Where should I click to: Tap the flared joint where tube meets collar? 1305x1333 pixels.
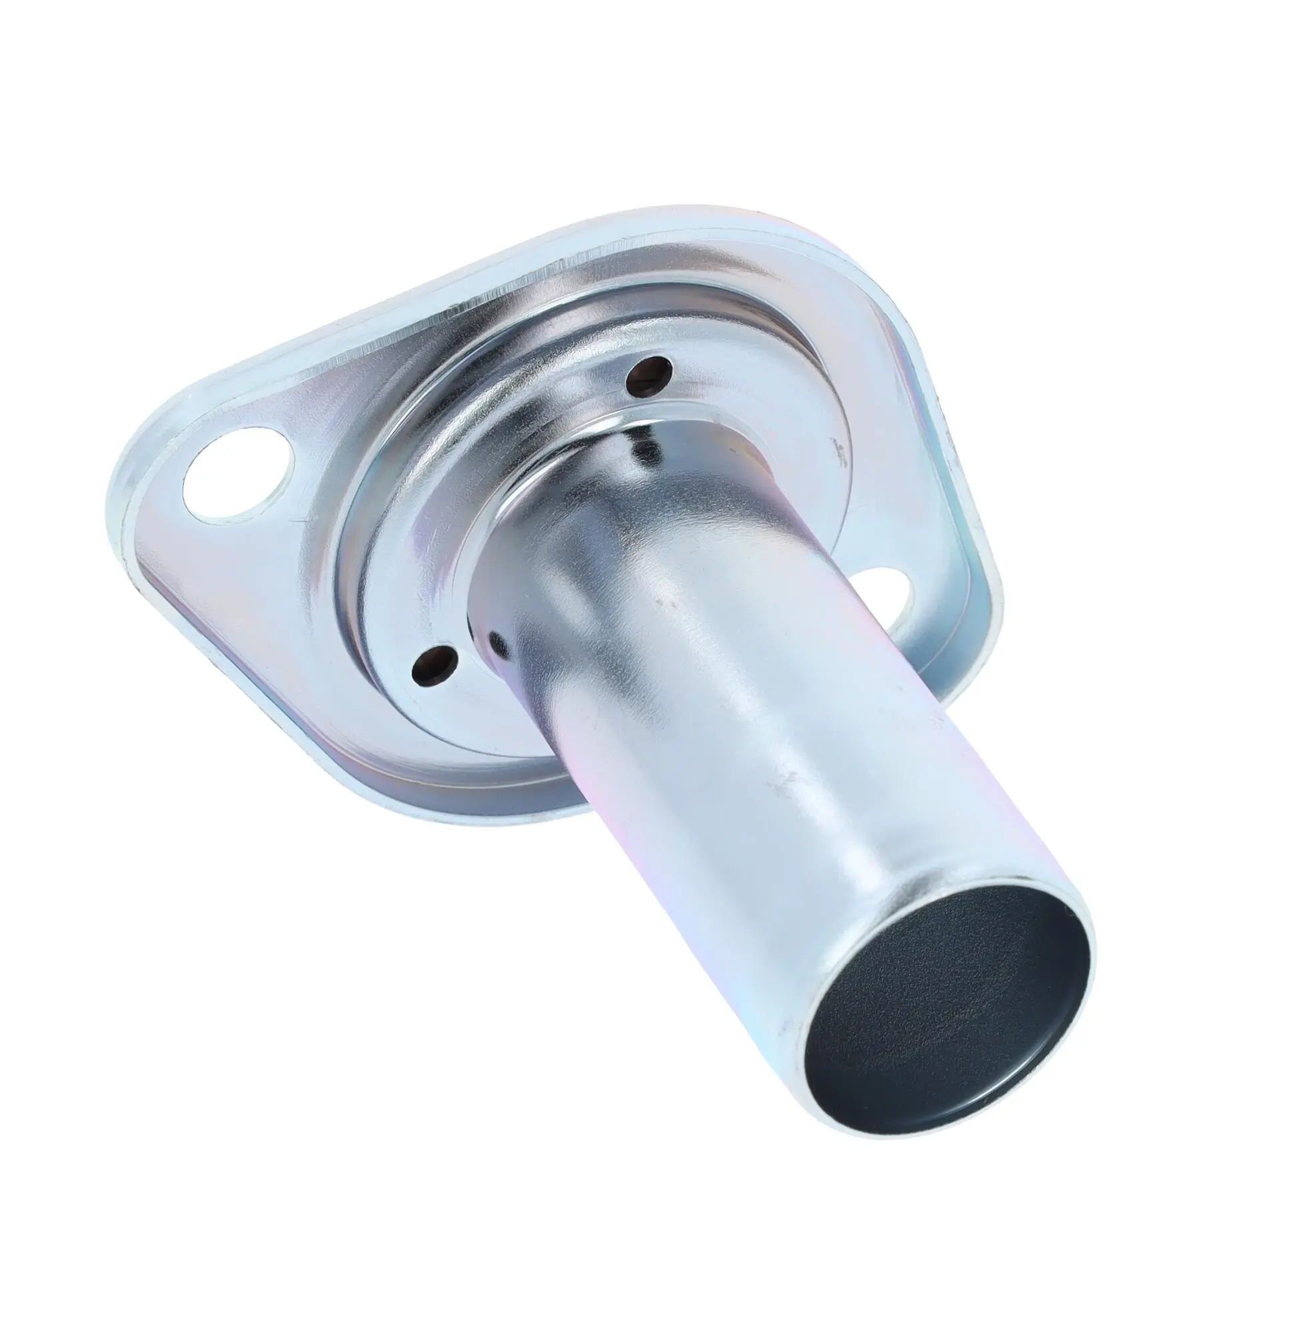pos(521,480)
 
